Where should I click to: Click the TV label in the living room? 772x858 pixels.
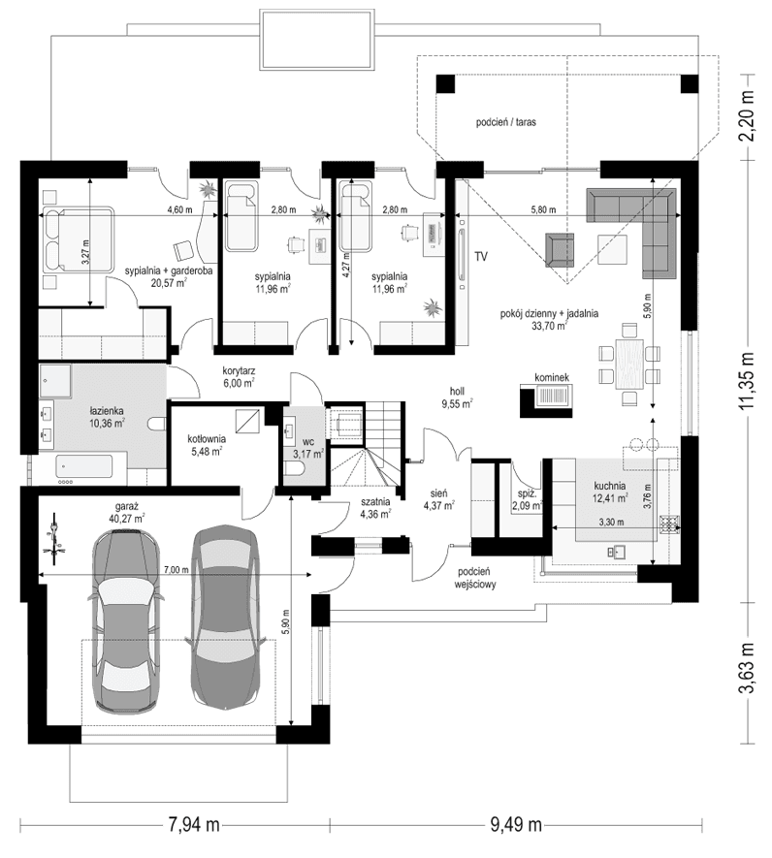[x=480, y=256]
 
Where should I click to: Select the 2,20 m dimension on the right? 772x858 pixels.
[x=746, y=114]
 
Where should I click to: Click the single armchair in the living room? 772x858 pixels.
[x=560, y=248]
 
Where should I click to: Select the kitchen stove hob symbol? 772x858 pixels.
[x=668, y=526]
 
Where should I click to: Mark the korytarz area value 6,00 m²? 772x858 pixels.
[x=238, y=383]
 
